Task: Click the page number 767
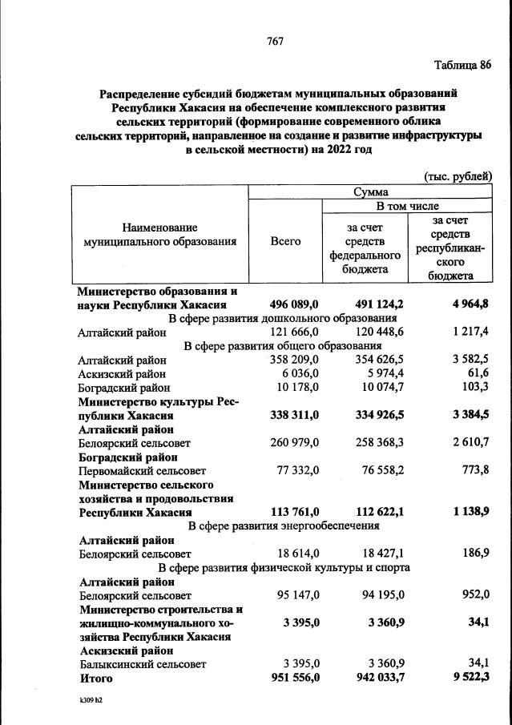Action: [x=276, y=41]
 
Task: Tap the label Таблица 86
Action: [x=462, y=66]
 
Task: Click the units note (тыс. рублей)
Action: [x=457, y=176]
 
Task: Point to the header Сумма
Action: [x=370, y=192]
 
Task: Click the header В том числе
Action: [x=407, y=206]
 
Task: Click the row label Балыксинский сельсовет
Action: [x=143, y=664]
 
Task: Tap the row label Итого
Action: [x=95, y=679]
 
